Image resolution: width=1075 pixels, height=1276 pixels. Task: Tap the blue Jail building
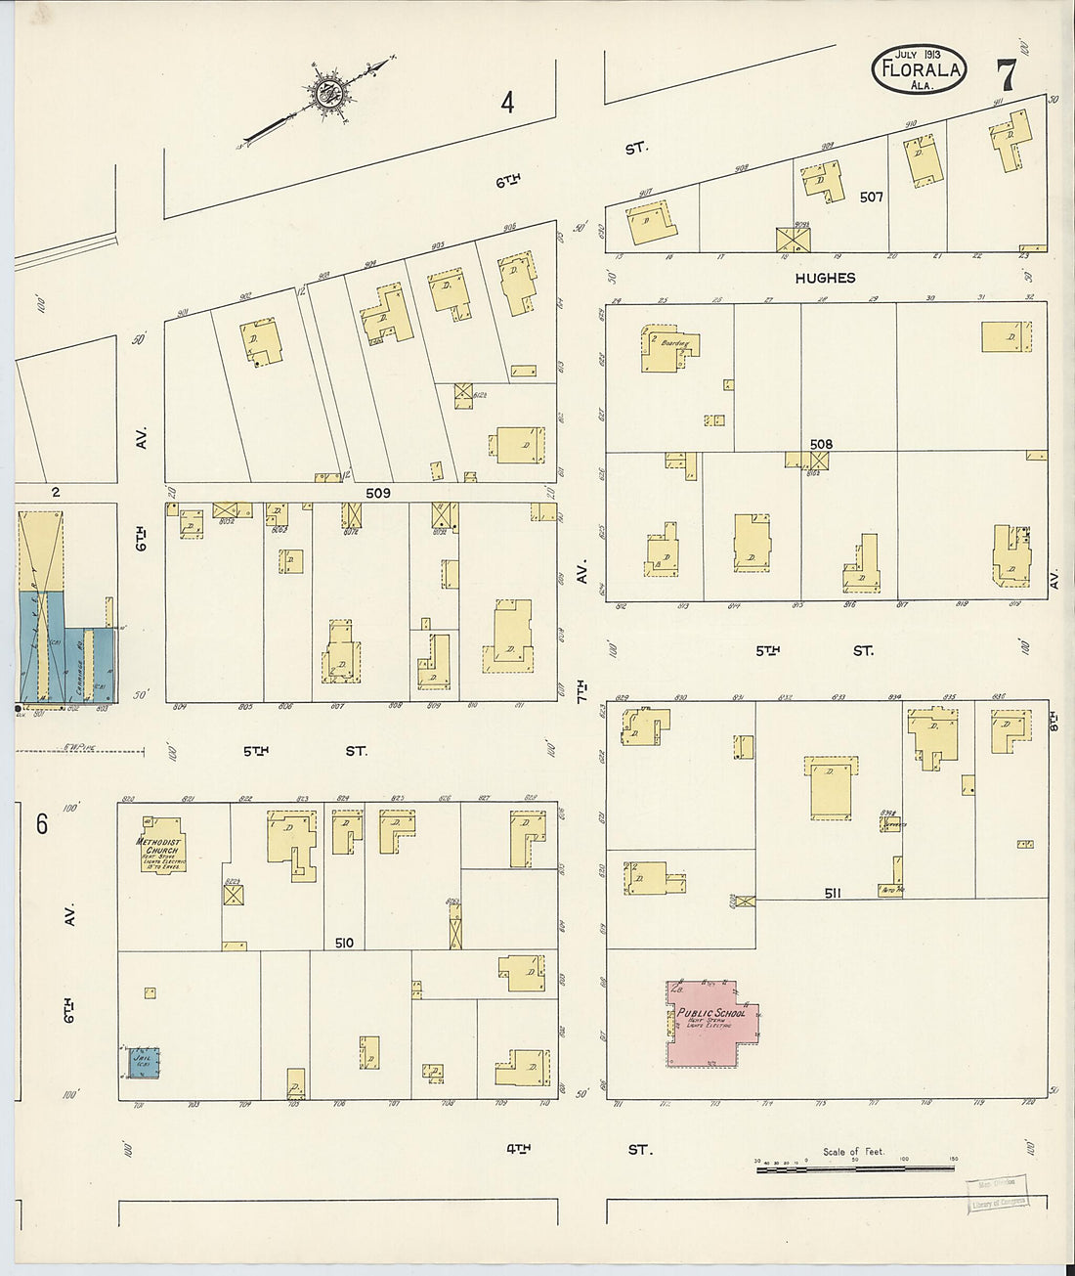coord(144,1062)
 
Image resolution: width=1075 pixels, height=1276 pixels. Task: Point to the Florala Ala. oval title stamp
coord(919,70)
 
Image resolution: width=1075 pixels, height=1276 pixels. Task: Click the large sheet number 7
coord(1006,76)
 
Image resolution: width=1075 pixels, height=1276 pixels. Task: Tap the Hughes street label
coord(825,279)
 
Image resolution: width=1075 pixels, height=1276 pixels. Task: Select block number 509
coord(377,493)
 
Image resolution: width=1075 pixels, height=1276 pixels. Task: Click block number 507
coord(871,197)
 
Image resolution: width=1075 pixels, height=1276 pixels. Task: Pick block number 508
coord(821,444)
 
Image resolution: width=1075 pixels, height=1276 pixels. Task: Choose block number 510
coord(343,943)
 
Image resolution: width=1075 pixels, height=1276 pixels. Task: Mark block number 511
coord(832,893)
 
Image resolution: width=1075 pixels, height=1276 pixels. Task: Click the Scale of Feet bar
coord(856,1167)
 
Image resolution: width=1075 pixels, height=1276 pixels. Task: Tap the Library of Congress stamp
coord(997,1195)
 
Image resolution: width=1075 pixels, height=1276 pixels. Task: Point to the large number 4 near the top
coord(507,102)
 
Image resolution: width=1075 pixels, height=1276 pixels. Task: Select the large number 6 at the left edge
coord(42,824)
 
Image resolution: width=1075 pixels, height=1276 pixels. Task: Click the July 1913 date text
coord(917,54)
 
